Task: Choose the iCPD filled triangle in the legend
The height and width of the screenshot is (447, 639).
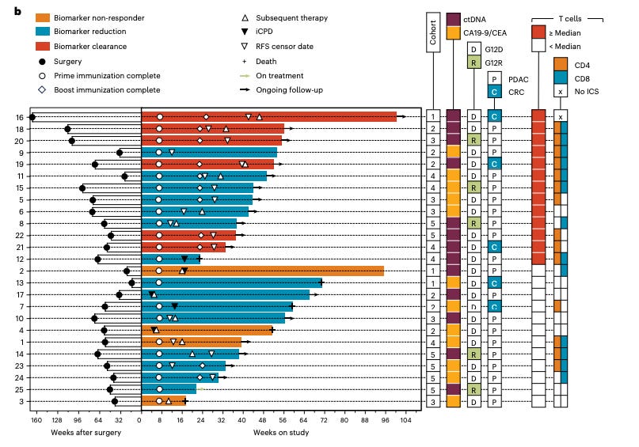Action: coord(247,32)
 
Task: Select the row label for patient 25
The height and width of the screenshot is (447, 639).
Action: coord(17,389)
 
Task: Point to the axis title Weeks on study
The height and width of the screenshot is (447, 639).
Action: coord(276,432)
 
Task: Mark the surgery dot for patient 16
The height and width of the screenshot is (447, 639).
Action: coord(32,117)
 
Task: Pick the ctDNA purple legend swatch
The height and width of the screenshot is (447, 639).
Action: coord(454,19)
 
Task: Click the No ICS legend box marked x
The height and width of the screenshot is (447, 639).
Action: coord(561,91)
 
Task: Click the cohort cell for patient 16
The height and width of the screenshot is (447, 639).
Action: coord(433,117)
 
